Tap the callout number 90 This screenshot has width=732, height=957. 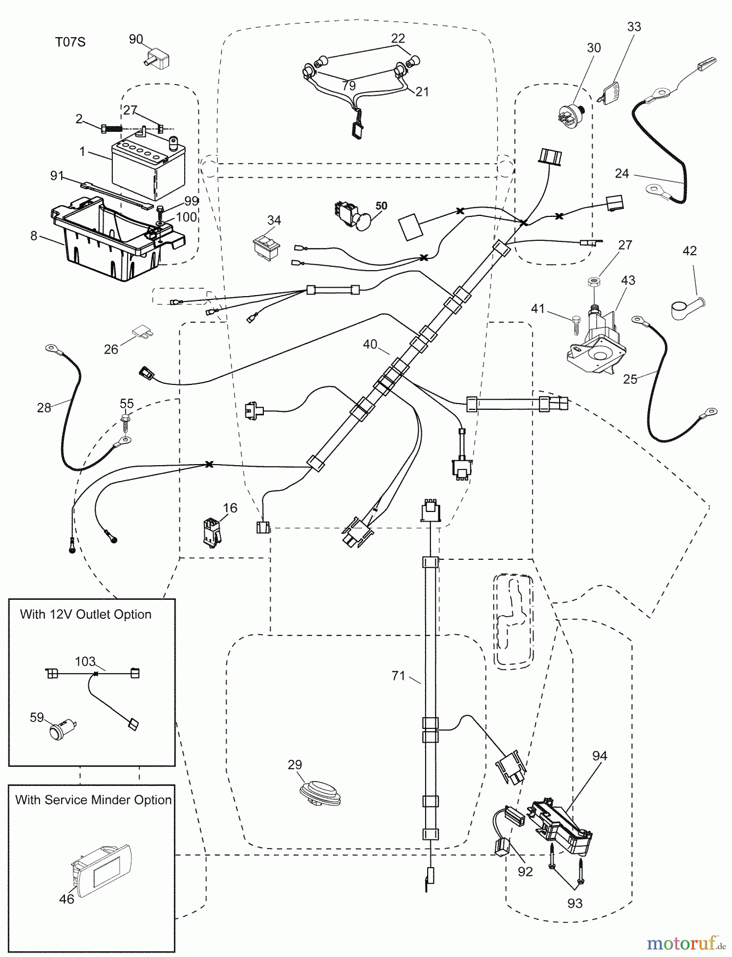tap(136, 39)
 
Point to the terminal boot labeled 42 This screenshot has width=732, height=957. tap(686, 308)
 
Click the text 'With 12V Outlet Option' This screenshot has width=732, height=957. tap(86, 614)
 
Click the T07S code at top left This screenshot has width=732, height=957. tap(70, 41)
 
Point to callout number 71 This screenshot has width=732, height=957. tap(398, 676)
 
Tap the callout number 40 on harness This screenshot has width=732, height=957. tap(370, 344)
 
